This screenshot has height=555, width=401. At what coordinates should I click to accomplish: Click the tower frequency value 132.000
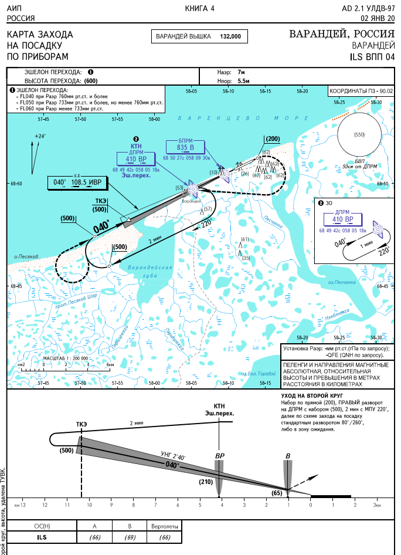[230, 36]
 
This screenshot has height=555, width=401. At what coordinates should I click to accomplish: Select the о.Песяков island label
[26, 257]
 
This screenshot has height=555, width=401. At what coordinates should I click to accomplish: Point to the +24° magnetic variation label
[40, 136]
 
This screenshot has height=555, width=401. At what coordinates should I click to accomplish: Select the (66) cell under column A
[94, 537]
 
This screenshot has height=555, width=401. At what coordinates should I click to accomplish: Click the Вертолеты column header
[164, 526]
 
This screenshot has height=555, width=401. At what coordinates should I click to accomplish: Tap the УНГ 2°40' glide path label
[174, 456]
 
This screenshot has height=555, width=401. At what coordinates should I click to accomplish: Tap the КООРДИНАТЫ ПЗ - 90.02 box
[361, 92]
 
